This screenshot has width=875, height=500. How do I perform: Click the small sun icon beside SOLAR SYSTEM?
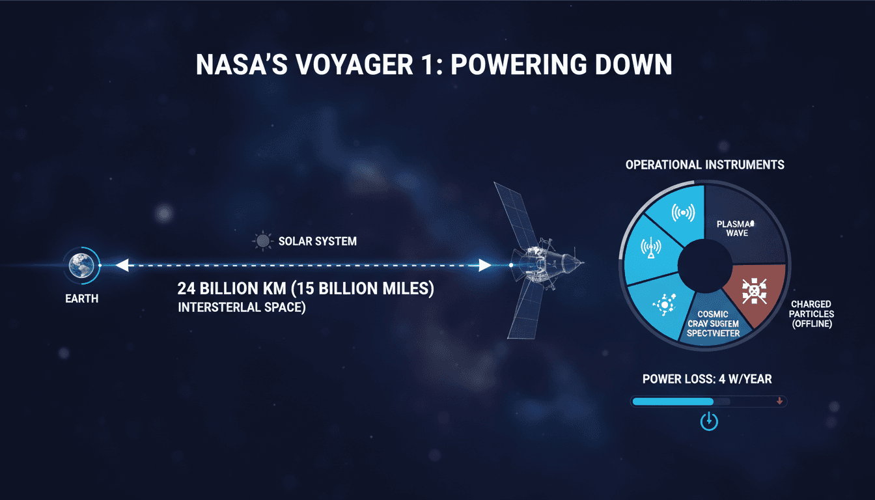click(x=262, y=242)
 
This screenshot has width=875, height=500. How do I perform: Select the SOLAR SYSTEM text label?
click(x=317, y=242)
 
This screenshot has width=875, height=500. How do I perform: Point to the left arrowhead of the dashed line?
click(x=122, y=266)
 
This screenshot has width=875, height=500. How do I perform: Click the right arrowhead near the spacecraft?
click(x=484, y=266)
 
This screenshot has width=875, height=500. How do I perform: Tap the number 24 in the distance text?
click(x=187, y=289)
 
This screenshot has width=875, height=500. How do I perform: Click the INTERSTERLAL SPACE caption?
click(x=242, y=307)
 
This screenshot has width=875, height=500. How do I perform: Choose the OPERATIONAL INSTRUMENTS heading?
click(x=704, y=165)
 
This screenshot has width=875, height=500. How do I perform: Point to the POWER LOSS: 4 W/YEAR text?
click(x=707, y=380)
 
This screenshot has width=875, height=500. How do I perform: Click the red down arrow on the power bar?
click(x=779, y=402)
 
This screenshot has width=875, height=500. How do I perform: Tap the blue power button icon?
click(x=708, y=422)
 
